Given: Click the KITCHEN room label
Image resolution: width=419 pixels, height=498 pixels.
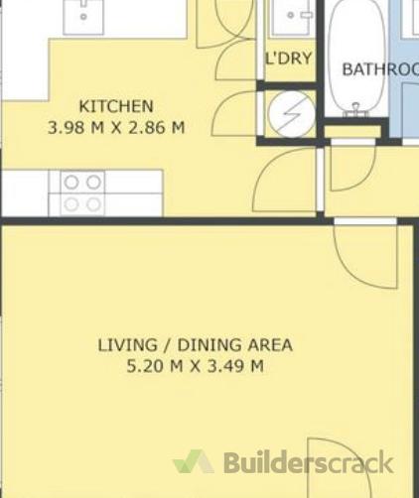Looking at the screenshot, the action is [116, 106].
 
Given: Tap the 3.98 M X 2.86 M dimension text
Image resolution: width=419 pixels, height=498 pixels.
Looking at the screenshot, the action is [116, 128].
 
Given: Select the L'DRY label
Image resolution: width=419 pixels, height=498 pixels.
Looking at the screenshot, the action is [289, 59].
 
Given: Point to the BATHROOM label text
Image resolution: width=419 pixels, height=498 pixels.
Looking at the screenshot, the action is [380, 69].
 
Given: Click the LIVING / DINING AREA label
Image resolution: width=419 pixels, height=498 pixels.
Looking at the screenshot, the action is [196, 345].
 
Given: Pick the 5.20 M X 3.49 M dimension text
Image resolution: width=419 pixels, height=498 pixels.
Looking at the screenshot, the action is [196, 366].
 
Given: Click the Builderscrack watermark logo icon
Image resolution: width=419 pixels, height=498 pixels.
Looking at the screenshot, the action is [194, 461].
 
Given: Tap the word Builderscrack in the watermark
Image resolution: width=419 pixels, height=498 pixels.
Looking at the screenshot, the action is [309, 461].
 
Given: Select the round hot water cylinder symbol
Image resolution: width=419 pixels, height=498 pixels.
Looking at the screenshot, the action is [291, 114].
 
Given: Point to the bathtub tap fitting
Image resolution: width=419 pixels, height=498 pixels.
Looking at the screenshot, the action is [355, 110].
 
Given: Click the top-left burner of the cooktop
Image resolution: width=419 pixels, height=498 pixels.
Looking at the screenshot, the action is [71, 183].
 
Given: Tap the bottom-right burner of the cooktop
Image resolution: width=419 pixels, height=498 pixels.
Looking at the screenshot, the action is [93, 204].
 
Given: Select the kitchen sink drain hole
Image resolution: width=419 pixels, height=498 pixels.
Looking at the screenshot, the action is [83, 16].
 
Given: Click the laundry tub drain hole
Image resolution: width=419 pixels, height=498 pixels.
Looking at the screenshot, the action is [291, 15].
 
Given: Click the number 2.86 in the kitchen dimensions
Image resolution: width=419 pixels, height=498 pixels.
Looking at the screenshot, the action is [146, 128].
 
